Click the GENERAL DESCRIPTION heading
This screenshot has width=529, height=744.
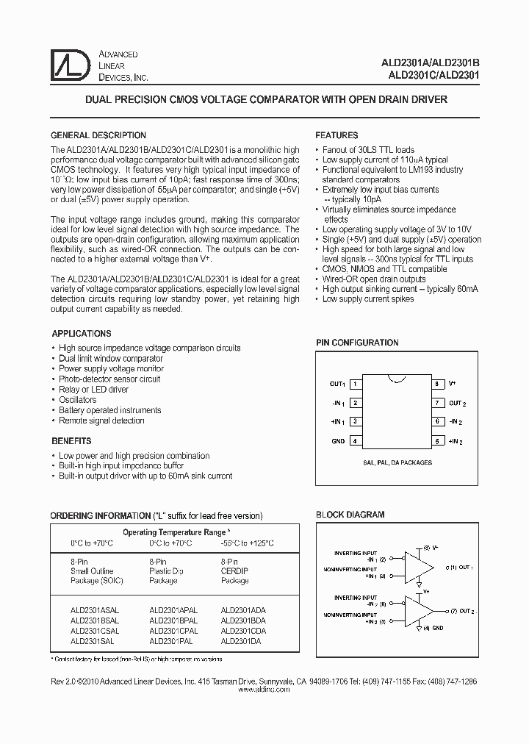98,135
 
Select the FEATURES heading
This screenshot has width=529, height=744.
337,135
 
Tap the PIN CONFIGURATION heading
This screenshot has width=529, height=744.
357,343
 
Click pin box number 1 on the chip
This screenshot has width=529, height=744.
356,384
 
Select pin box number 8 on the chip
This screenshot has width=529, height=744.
436,384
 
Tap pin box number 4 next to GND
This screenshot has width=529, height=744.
356,441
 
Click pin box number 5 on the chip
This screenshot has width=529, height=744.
436,441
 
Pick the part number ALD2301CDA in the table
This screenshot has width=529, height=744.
243,630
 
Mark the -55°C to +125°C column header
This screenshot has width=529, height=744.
247,543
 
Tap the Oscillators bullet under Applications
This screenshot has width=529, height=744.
77,400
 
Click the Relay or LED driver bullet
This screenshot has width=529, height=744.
93,390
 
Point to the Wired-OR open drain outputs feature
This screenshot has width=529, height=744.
374,279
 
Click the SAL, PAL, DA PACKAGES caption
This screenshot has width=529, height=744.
396,462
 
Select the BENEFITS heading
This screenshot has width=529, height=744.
71,441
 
